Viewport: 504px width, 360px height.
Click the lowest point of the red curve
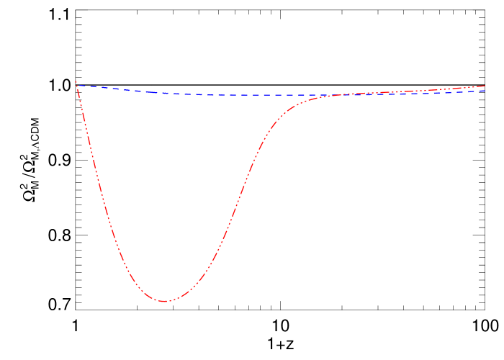point(165,301)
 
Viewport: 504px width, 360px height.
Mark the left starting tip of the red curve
point(76,81)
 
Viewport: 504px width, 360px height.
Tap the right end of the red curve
point(485,86)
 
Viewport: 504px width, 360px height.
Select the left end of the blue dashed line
point(76,85)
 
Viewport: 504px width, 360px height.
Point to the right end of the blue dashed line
point(485,91)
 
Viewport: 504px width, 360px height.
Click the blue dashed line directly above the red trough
point(165,93)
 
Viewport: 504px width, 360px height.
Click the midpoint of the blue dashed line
point(281,95)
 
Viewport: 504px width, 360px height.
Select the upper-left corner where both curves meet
point(76,84)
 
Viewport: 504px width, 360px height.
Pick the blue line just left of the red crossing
point(317,95)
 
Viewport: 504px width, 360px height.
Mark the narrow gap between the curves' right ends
point(484,89)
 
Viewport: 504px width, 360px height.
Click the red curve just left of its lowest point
point(151,297)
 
